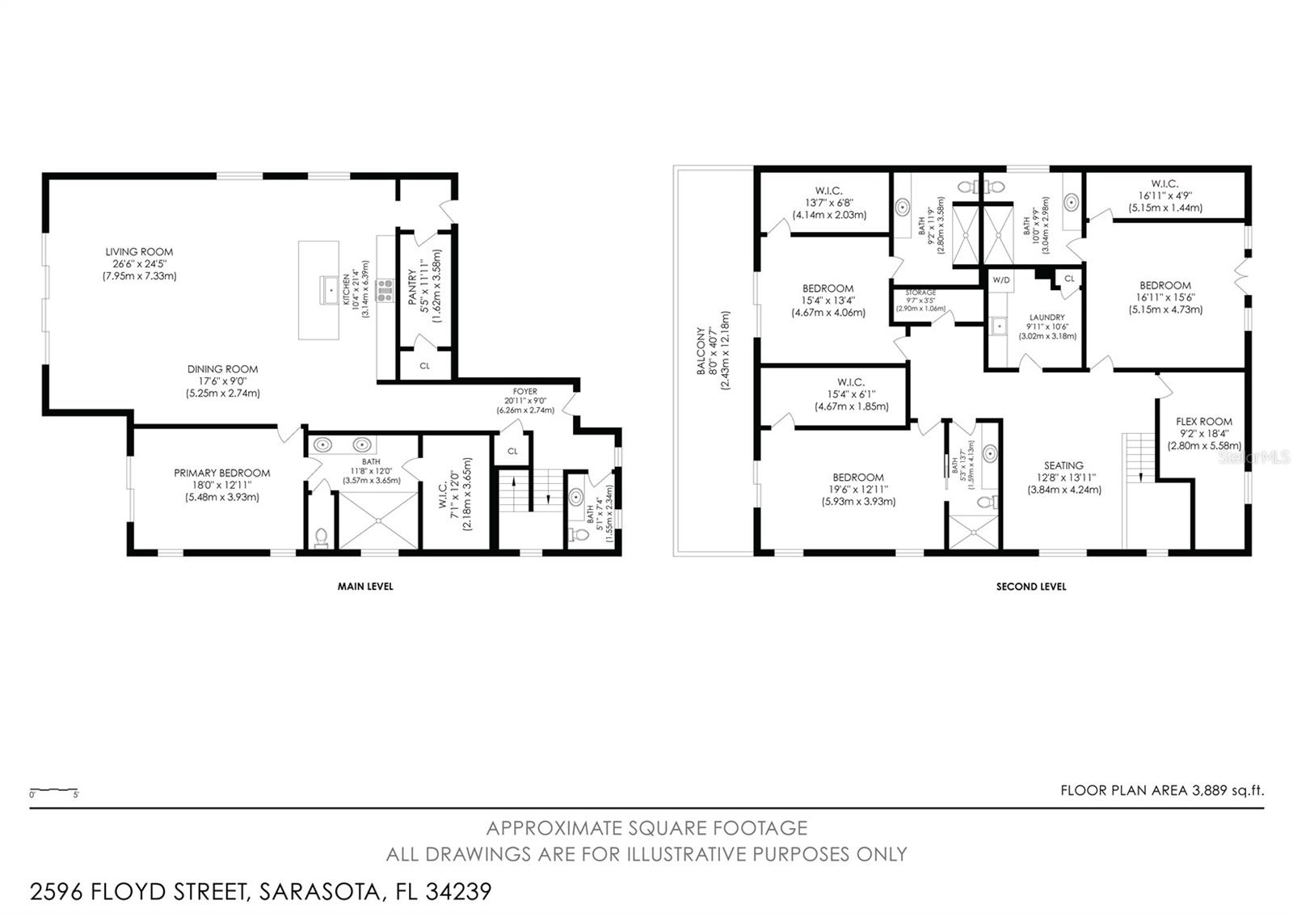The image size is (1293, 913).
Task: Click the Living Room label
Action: (x=139, y=252)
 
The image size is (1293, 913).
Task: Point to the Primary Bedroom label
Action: (x=221, y=473)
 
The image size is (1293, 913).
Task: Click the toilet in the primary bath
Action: (x=321, y=536)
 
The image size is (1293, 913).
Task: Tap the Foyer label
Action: (x=524, y=392)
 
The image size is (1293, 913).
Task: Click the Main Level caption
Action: (x=365, y=587)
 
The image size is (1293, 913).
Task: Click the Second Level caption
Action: (x=1030, y=587)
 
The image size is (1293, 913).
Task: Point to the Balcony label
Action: (x=701, y=352)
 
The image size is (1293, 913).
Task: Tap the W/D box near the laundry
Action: (x=1000, y=280)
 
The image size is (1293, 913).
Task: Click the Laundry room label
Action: (x=1047, y=318)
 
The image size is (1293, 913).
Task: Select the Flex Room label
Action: (x=1203, y=422)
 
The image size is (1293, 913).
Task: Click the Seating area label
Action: (x=1063, y=465)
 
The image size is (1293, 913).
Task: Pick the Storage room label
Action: (x=920, y=292)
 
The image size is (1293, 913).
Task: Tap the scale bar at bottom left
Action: (x=53, y=790)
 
